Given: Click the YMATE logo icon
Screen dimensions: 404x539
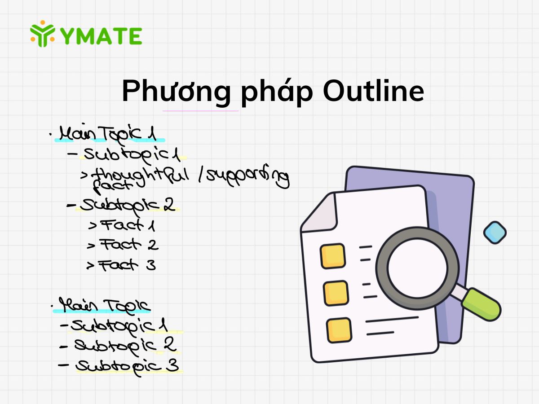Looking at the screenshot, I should click(43, 34).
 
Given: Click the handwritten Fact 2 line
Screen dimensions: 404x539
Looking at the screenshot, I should click(124, 245).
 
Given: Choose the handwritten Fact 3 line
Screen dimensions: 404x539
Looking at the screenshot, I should click(121, 265).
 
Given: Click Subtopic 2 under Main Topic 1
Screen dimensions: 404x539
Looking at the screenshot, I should click(121, 205).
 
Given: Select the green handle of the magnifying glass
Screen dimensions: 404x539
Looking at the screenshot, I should click(481, 304).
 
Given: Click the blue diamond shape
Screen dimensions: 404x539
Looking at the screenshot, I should click(495, 233).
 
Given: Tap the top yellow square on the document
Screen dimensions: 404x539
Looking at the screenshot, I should click(333, 255).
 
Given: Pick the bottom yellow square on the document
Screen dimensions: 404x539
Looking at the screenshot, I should click(339, 330).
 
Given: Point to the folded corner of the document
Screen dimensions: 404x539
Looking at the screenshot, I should click(320, 215).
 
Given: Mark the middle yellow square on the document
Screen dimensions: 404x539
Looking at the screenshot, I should click(336, 293).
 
